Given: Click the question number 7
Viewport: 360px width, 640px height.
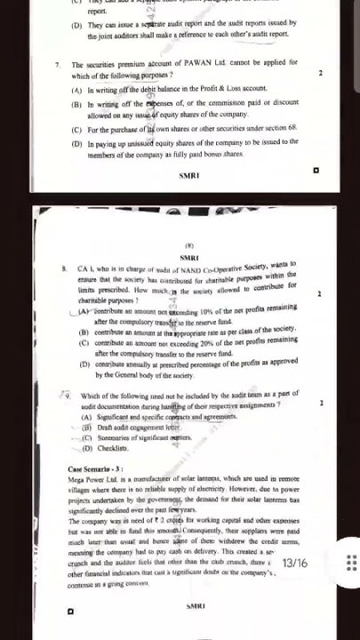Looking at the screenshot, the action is (x=58, y=65).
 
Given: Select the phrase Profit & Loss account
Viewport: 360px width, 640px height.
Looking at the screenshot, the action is (x=238, y=90).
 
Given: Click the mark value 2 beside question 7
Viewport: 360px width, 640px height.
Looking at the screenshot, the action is (x=320, y=72).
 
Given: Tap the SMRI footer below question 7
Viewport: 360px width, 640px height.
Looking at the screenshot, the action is (x=188, y=175).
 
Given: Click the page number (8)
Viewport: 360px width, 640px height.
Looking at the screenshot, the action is (x=188, y=245).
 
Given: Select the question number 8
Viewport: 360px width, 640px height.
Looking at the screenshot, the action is (x=64, y=266).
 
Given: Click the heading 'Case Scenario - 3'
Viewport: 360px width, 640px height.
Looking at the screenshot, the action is (x=95, y=468).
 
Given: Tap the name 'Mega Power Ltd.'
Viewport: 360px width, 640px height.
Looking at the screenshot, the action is (x=92, y=480).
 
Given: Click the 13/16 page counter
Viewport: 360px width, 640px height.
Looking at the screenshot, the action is (x=294, y=538).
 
